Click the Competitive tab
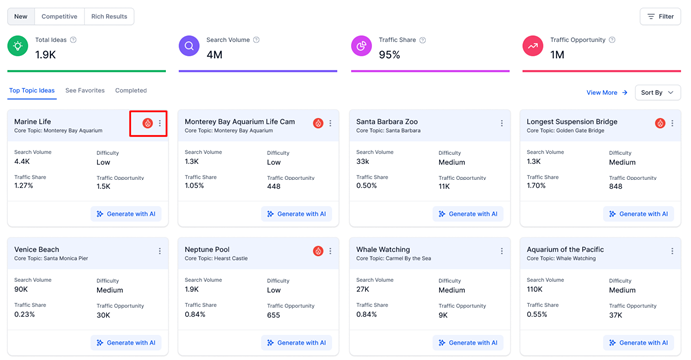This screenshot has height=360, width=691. tap(59, 16)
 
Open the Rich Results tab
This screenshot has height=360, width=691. tap(109, 16)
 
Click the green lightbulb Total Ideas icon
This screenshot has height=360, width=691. tap(18, 46)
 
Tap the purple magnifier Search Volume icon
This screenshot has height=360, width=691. tap(189, 46)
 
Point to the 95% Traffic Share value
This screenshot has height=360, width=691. tap(390, 55)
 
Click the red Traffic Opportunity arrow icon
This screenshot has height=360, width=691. tap(533, 46)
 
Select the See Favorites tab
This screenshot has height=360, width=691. tap(85, 91)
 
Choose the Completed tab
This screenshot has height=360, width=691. tap(131, 91)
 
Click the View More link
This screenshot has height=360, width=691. tap(607, 93)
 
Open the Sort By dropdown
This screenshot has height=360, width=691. tap(657, 93)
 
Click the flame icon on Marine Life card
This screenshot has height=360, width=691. tap(148, 123)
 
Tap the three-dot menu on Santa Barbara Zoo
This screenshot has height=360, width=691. tap(502, 123)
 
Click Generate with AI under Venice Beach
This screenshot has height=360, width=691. tap(126, 343)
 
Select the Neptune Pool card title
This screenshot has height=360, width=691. tap(207, 250)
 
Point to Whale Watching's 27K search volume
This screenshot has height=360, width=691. tap(363, 289)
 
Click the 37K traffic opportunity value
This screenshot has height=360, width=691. tap(615, 315)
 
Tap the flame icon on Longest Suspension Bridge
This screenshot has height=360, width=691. tap(660, 123)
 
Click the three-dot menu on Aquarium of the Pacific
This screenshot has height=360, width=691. tap(672, 251)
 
